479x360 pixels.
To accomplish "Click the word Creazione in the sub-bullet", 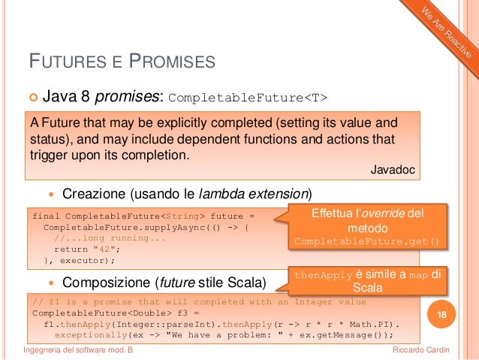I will [94, 194].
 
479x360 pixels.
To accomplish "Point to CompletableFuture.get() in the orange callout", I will [366, 242].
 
